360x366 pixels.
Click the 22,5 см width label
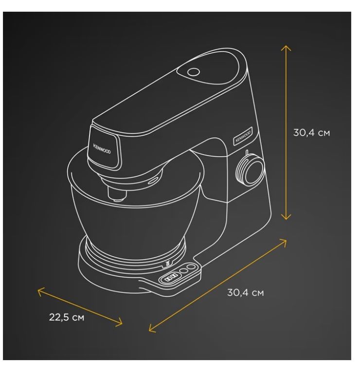(x=67, y=317)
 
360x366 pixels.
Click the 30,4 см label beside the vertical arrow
(x=311, y=133)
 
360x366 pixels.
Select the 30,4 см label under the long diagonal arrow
(x=245, y=293)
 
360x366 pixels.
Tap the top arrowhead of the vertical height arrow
(x=286, y=48)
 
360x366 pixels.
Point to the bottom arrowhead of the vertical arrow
(x=286, y=217)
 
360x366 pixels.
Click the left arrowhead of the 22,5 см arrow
(x=40, y=292)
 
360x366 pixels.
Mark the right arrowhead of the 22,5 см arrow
(x=120, y=323)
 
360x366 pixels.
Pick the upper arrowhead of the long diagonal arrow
(x=284, y=242)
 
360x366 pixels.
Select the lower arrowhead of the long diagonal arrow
(x=151, y=329)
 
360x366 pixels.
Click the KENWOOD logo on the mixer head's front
(x=102, y=149)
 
